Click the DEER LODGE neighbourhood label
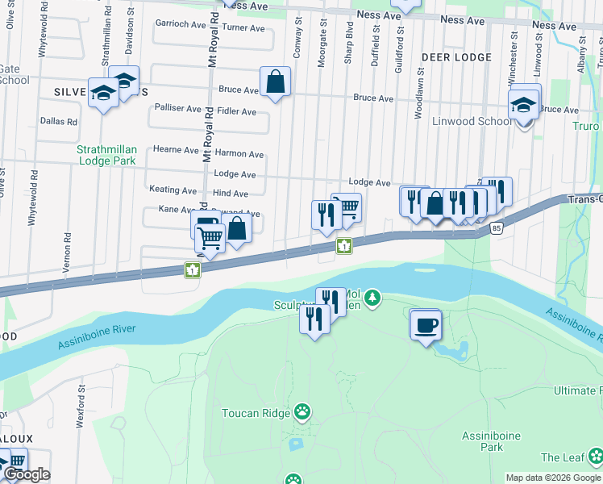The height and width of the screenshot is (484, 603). tap(455, 57)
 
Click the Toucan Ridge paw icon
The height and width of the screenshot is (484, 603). tap(302, 413)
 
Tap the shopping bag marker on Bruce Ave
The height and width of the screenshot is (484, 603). tap(275, 81)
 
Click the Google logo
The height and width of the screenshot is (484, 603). tap(26, 474)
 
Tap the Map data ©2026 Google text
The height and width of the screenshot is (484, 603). tap(553, 478)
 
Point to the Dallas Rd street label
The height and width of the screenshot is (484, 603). tap(59, 122)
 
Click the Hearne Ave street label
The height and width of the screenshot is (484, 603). tap(176, 150)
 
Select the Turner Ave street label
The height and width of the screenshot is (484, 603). tap(243, 28)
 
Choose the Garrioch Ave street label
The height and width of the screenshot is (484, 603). tap(181, 24)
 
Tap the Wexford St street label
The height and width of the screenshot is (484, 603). tap(81, 399)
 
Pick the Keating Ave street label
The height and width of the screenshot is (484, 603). tap(173, 190)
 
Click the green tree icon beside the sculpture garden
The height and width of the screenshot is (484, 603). tap(372, 299)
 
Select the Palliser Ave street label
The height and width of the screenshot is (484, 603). tap(177, 108)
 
